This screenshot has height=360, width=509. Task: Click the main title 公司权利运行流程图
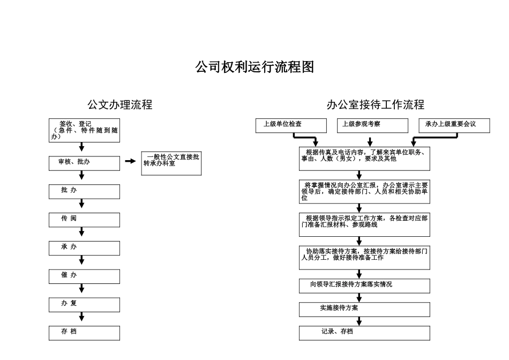coord(254,67)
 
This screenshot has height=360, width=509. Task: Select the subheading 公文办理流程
coord(120,105)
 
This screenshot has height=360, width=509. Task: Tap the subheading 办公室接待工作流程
coord(376,105)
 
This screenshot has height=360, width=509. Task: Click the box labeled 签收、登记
coord(84,130)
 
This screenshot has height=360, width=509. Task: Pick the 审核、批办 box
coord(84,163)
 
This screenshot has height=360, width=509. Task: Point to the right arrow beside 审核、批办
coord(130,161)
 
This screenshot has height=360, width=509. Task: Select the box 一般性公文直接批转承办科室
coord(171,163)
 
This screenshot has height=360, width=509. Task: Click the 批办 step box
coord(84,191)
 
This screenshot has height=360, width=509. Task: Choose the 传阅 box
coord(84,220)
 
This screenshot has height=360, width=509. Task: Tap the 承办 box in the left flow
coord(84,248)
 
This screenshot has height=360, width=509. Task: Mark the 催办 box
coord(84,276)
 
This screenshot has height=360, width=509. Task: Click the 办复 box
coord(84,305)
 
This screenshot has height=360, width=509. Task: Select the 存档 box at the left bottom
coord(84,333)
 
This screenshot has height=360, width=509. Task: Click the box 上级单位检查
coord(291,125)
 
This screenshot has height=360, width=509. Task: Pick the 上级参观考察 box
coord(371,125)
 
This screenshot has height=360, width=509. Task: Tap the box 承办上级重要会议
coord(454,125)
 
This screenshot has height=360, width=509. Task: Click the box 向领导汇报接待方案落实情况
coord(364,286)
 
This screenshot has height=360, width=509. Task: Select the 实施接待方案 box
coord(364,310)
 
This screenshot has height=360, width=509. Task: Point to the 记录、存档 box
coord(364,333)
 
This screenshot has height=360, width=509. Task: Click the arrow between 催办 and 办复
coord(82,289)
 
